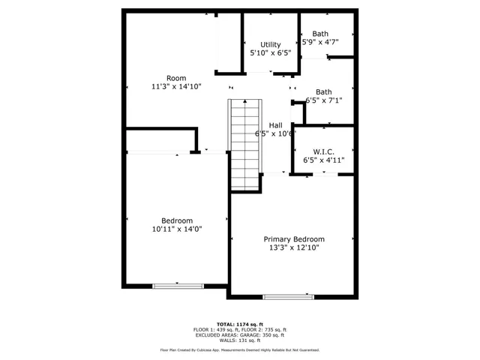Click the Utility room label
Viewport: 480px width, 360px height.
(x=270, y=45)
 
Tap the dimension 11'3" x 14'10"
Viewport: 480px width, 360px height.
(x=176, y=87)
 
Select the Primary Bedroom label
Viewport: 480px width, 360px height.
(x=292, y=238)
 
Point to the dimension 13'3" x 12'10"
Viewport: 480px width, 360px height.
(x=292, y=247)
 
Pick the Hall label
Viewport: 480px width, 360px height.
(x=276, y=125)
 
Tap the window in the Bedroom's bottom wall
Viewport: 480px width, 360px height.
(x=178, y=285)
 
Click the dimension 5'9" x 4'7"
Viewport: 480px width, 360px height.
(x=320, y=43)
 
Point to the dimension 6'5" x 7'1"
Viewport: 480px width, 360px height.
(x=324, y=100)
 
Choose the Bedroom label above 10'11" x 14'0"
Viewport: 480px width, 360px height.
(x=177, y=220)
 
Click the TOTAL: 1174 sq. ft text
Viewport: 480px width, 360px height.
(x=240, y=324)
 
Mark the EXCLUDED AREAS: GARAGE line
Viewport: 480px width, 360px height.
(x=240, y=334)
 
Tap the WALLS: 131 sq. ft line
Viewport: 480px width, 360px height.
(x=240, y=340)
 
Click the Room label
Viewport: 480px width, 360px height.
(x=176, y=78)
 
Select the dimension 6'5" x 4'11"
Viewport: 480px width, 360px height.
(x=322, y=160)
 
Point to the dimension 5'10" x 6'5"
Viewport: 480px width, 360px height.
(x=270, y=54)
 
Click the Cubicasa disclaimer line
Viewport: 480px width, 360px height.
(x=240, y=349)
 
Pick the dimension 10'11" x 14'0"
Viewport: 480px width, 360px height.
(x=177, y=229)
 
